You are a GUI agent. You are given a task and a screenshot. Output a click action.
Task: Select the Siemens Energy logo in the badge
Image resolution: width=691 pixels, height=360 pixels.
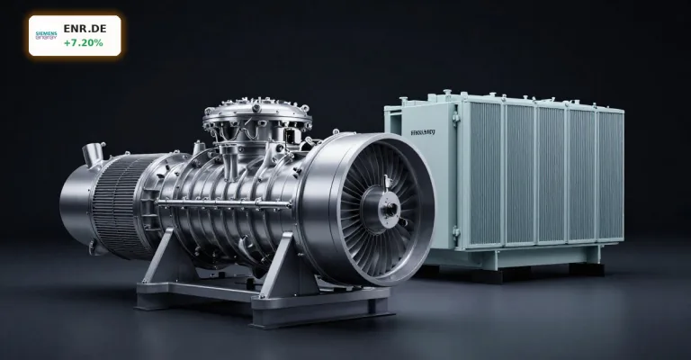tap(46, 35)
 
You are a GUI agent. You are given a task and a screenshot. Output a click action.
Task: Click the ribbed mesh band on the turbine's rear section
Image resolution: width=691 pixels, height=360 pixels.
tap(114, 203)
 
